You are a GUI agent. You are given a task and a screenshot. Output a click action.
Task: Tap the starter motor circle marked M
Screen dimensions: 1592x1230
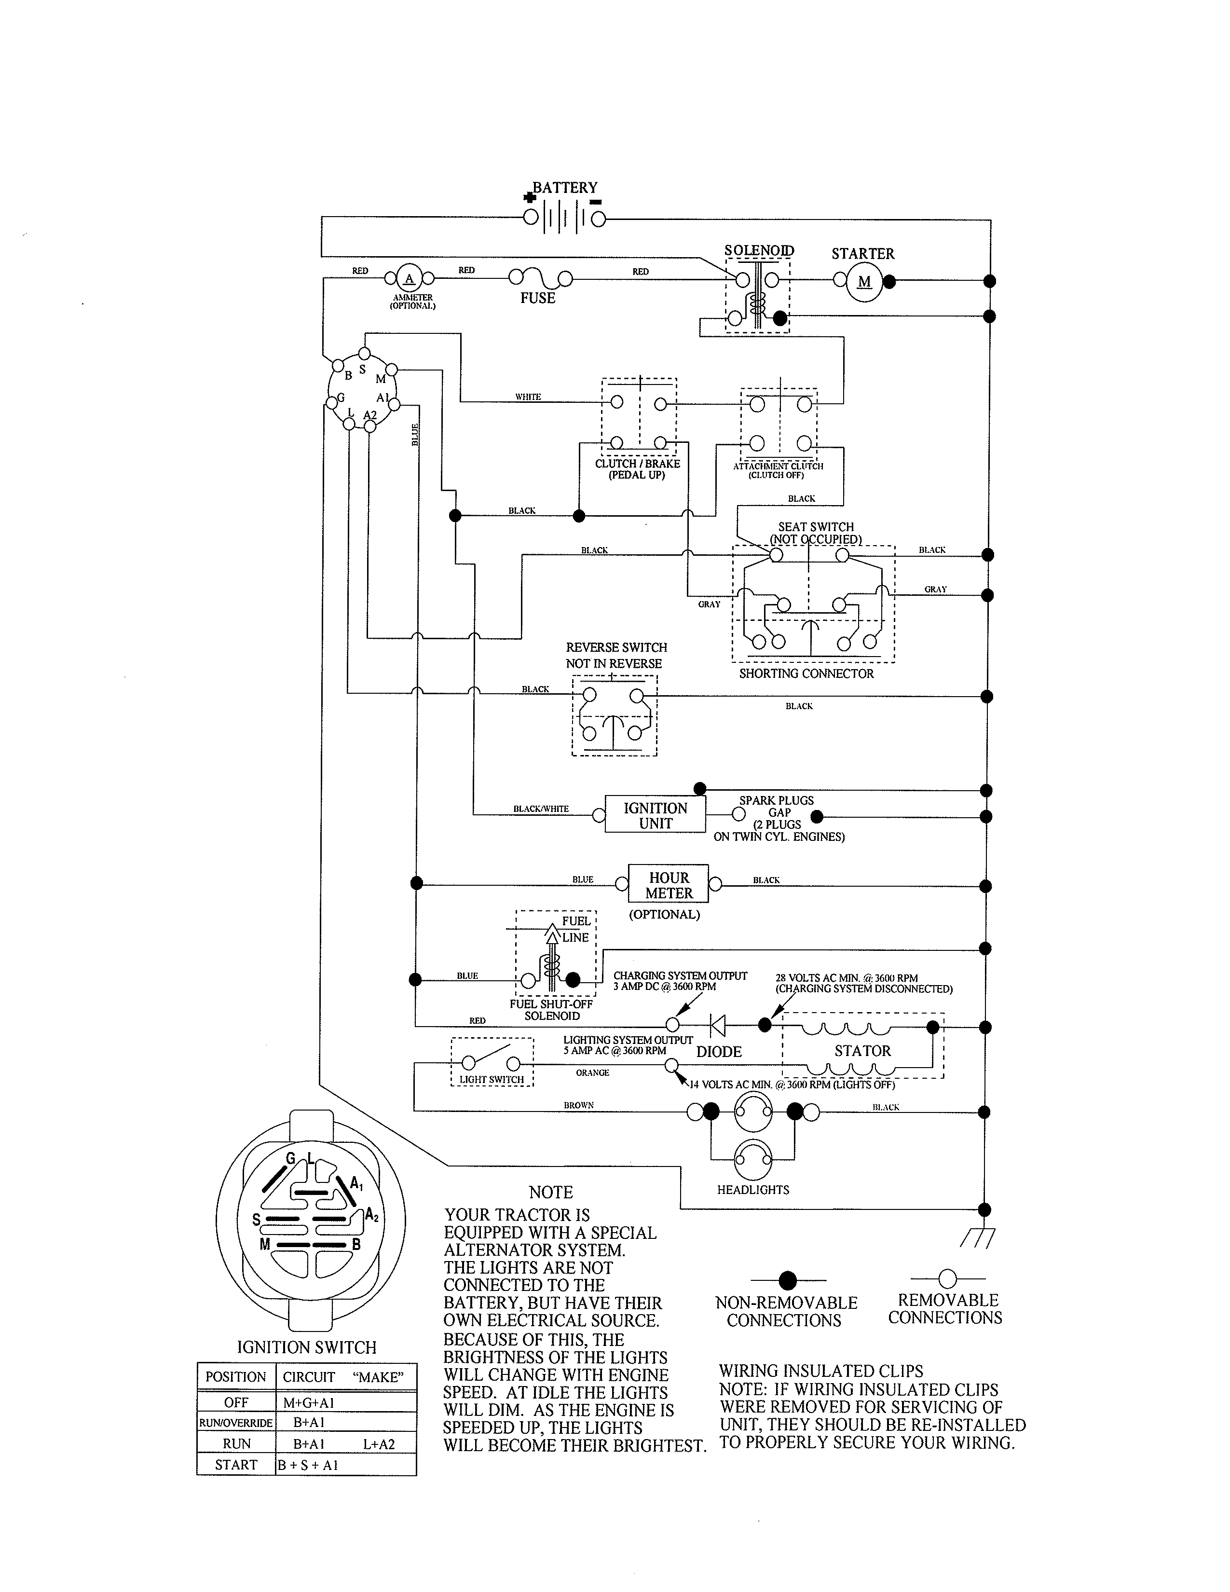tap(864, 282)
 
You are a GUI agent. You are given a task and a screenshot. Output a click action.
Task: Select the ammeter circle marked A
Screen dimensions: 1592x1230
tap(409, 278)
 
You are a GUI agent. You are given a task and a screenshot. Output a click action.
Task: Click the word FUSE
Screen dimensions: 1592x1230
tap(538, 298)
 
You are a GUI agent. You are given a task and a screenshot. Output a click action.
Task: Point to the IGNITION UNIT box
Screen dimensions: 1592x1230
tap(655, 815)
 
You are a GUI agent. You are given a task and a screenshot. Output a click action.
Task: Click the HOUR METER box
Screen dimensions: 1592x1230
tap(669, 885)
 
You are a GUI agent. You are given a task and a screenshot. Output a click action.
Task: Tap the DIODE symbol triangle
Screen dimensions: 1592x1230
tap(718, 1026)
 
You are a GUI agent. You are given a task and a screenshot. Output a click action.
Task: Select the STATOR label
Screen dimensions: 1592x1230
tap(863, 1050)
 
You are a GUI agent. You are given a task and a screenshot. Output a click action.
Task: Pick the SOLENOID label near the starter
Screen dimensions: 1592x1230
tap(759, 250)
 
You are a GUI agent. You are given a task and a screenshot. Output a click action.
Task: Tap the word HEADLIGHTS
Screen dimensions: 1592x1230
tap(753, 1190)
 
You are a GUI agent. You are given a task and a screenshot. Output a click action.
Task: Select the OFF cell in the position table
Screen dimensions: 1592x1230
tap(236, 1402)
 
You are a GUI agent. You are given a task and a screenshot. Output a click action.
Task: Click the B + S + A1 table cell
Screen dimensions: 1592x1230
tap(308, 1465)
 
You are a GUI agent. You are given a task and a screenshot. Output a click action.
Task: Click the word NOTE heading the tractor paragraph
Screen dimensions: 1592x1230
tap(550, 1193)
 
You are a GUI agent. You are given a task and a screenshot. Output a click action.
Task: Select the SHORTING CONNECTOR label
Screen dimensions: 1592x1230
tap(806, 673)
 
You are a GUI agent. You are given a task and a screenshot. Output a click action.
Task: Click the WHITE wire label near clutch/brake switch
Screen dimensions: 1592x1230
tap(528, 397)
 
